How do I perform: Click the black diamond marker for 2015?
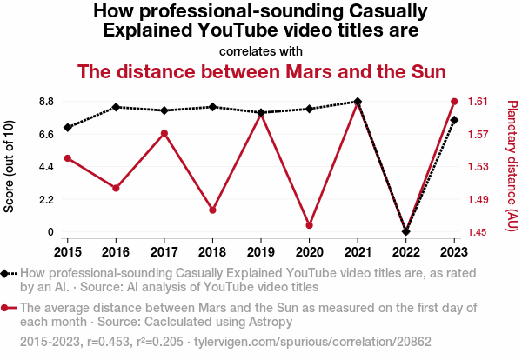click(67, 128)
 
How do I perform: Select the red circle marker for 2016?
click(116, 188)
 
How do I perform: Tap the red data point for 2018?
click(212, 210)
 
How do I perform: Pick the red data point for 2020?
click(309, 225)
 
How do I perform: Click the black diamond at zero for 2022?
click(405, 232)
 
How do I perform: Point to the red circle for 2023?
click(454, 102)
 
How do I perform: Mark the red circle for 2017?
click(164, 133)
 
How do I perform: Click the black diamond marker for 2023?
click(454, 120)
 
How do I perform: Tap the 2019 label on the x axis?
click(261, 252)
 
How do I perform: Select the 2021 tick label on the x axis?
click(358, 252)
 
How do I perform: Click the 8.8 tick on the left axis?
click(45, 102)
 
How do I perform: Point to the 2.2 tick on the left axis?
click(45, 199)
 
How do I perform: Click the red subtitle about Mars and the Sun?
click(261, 70)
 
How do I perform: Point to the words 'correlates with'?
click(261, 50)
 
